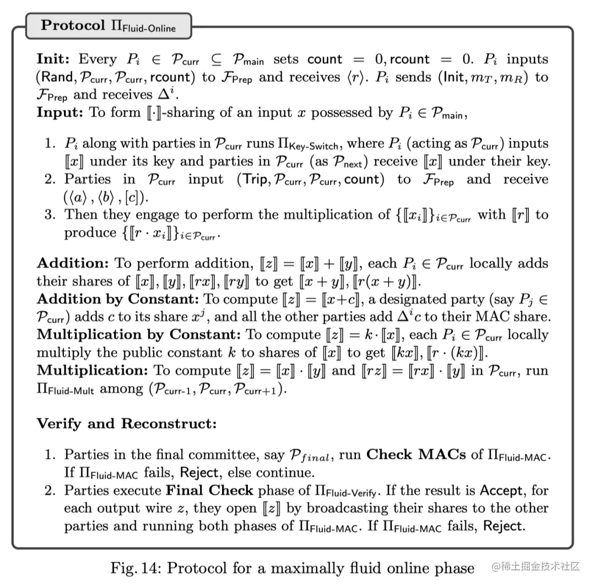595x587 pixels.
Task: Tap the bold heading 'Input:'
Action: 59,112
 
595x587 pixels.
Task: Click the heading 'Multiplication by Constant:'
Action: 138,335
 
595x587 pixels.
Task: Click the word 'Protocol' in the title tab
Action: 73,25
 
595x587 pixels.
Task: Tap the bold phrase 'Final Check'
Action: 210,490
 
